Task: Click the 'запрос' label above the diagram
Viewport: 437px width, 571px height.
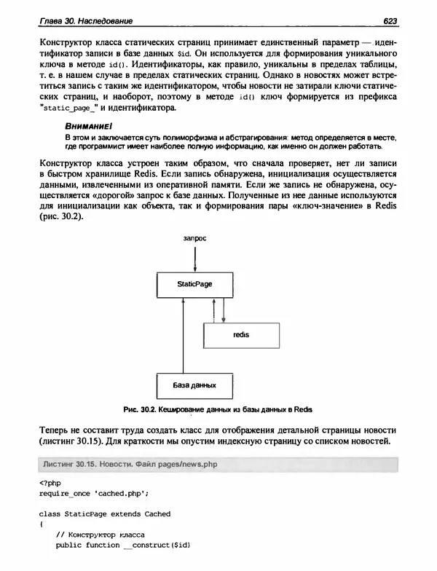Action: click(194, 238)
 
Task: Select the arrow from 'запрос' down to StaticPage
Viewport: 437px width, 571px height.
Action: click(194, 257)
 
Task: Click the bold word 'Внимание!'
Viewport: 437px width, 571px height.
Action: click(86, 126)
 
